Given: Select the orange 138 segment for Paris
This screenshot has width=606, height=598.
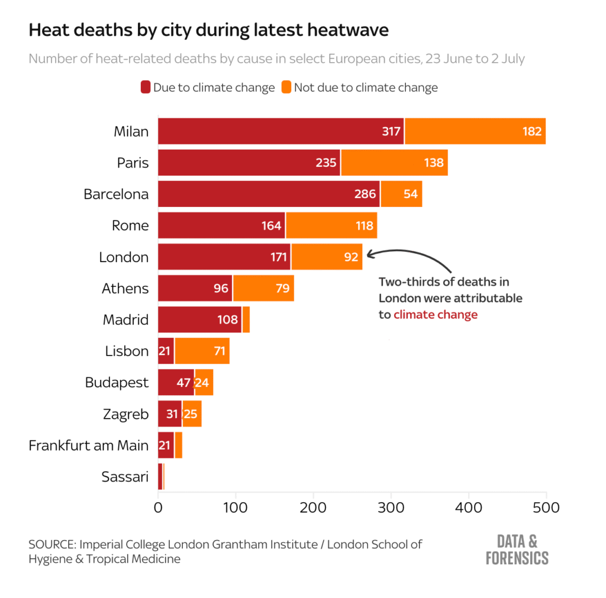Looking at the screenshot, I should (x=394, y=163).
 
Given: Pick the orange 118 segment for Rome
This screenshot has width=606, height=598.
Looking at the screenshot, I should (x=331, y=225).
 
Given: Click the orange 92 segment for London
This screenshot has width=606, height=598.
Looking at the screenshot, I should (x=327, y=257).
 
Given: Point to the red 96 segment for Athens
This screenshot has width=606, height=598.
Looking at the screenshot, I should (x=195, y=288).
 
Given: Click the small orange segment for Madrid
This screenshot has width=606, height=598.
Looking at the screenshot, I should (x=246, y=319).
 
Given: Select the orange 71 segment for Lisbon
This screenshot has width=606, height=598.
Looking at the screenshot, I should (x=202, y=351).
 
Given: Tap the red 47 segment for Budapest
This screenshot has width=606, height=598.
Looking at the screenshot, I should (x=176, y=382).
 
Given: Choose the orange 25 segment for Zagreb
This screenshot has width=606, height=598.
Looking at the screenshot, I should (x=192, y=413).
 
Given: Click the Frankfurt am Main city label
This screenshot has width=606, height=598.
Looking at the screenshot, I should (x=88, y=445).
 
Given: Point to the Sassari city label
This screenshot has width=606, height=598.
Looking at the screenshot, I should (x=124, y=477).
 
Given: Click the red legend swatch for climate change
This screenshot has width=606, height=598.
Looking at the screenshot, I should (x=145, y=88).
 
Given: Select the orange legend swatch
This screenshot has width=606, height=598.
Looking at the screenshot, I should (x=286, y=88).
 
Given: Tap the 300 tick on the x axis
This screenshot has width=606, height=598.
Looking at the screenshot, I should (x=391, y=508).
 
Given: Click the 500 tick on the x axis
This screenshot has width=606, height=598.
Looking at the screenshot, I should (x=546, y=508).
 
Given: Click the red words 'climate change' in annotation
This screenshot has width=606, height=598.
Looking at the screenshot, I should (x=435, y=315).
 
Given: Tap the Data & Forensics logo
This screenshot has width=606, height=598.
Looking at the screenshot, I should (x=516, y=549).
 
